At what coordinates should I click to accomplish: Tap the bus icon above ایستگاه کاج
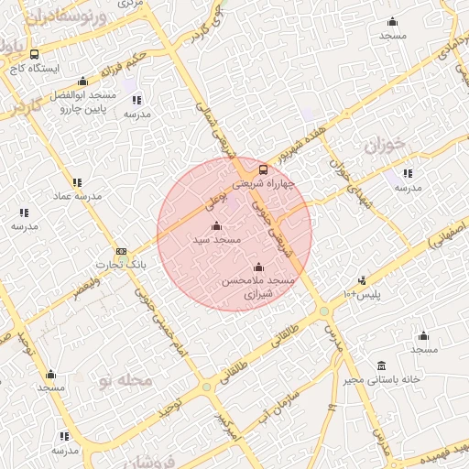tap(35, 54)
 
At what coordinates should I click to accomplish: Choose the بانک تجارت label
tap(122, 265)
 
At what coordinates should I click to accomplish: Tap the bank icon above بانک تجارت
tap(121, 251)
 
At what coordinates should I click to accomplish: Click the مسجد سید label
tap(216, 239)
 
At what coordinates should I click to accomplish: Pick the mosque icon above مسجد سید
tap(216, 225)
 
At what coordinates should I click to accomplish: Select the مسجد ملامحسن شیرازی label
tap(257, 288)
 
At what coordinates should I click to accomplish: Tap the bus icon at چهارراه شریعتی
tap(263, 169)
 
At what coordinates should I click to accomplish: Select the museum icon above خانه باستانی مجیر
tap(382, 365)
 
